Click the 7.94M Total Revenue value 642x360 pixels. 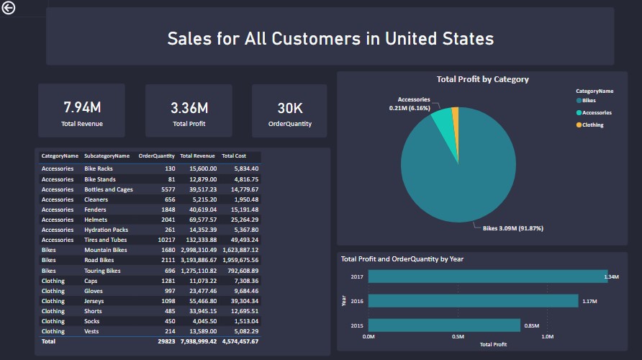pos(82,108)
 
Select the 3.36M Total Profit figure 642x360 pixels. pos(189,108)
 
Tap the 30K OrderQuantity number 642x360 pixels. pos(290,108)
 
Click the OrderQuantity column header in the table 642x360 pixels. pos(156,156)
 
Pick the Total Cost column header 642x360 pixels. pos(234,156)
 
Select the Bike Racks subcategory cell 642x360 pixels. pos(99,168)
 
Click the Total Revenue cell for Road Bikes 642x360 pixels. pos(196,261)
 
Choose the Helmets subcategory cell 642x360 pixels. pos(96,220)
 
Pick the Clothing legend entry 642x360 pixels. pos(592,125)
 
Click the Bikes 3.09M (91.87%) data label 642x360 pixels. pos(512,228)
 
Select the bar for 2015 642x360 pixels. pos(444,325)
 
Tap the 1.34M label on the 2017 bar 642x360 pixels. pos(612,276)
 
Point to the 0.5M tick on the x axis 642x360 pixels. pos(458,336)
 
